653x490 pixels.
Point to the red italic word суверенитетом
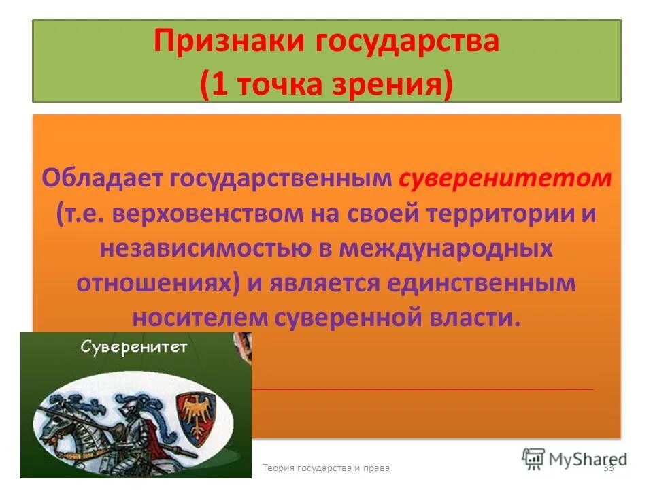click(505, 179)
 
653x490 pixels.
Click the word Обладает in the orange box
click(101, 179)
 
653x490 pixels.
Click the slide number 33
click(609, 468)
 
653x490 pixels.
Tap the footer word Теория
click(278, 468)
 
